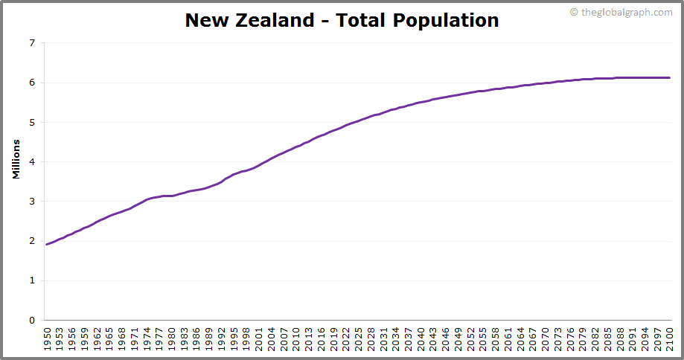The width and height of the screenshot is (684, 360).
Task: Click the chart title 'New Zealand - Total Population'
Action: [x=342, y=20]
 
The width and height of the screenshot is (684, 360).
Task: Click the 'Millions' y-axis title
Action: [x=16, y=158]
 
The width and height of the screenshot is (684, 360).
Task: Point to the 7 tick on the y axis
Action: [x=31, y=43]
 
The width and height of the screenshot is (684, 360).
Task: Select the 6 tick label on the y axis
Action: [x=31, y=83]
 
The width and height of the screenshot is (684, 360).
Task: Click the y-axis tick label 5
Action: [x=31, y=122]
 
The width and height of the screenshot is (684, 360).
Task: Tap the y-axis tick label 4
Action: [x=31, y=161]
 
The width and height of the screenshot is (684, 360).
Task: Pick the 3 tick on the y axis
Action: [x=31, y=202]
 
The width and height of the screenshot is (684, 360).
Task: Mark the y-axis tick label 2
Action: [x=31, y=241]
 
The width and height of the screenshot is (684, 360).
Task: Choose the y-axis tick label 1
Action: [x=31, y=280]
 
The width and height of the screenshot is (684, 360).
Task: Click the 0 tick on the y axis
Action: [x=31, y=320]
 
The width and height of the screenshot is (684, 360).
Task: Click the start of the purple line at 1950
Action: [x=47, y=244]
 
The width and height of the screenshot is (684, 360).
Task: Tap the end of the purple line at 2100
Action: [x=670, y=77]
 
